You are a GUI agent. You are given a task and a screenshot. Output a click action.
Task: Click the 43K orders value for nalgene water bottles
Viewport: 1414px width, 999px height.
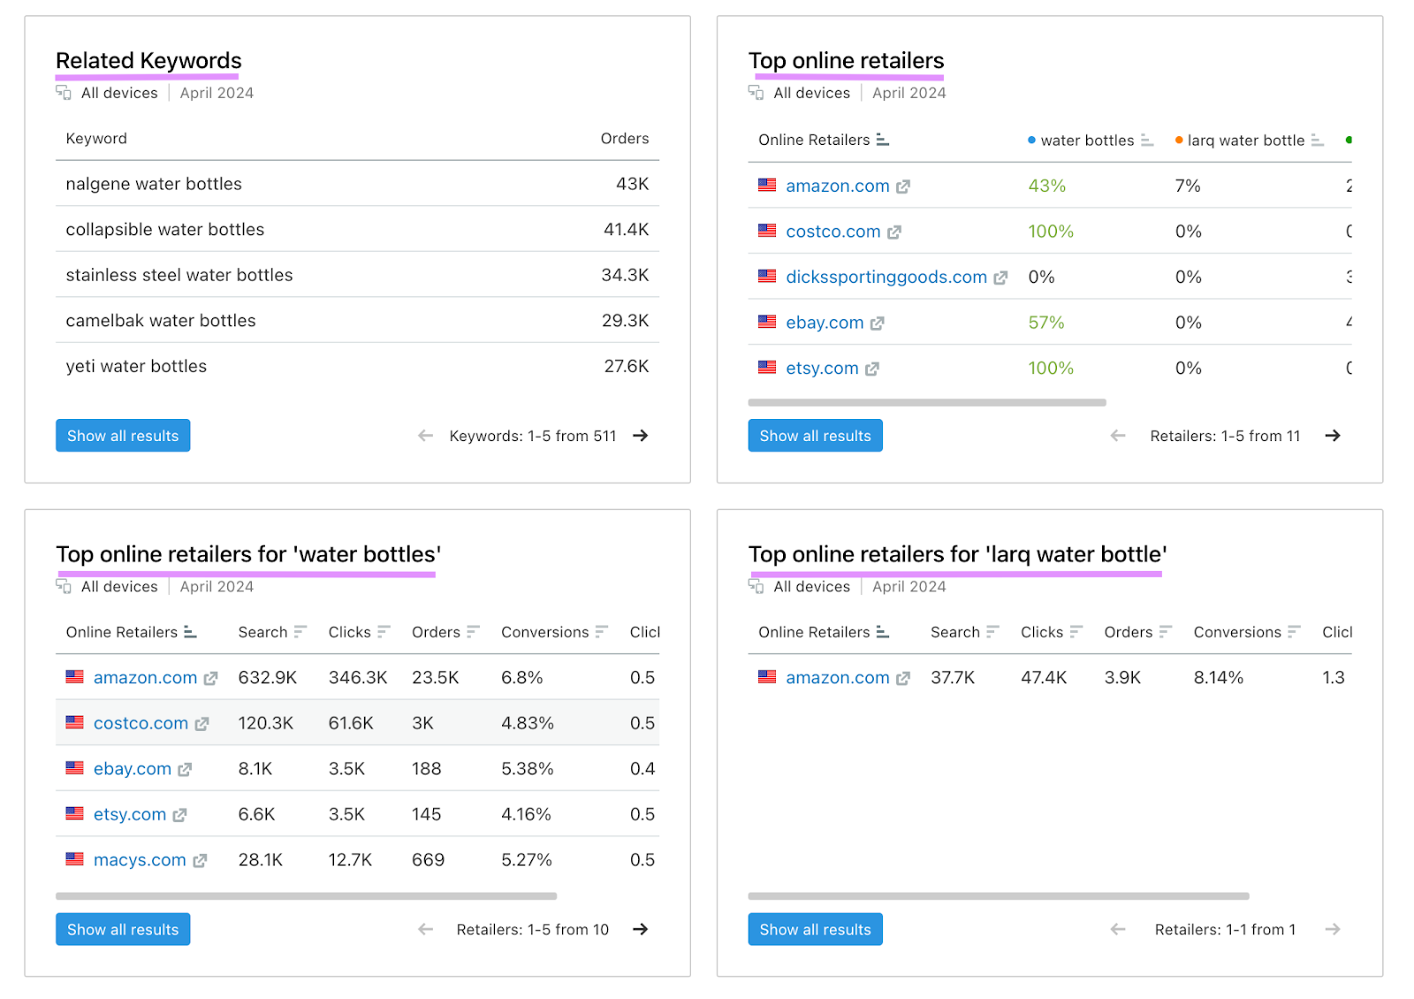click(632, 184)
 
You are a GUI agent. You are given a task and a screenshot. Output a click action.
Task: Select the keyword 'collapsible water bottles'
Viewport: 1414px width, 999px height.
click(165, 230)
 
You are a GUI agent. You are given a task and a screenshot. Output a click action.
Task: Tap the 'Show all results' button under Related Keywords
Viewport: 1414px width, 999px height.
click(123, 436)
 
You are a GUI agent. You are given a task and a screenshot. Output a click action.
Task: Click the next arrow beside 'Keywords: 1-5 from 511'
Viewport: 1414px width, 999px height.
click(641, 436)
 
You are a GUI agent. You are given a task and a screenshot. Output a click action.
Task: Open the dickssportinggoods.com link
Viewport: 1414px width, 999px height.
click(886, 278)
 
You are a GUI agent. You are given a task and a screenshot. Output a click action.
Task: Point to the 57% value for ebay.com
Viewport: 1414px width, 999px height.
click(1045, 323)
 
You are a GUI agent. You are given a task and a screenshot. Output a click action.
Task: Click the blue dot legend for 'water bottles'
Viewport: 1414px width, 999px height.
click(1031, 141)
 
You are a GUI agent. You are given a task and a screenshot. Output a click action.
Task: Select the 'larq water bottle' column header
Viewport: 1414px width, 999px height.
click(1245, 141)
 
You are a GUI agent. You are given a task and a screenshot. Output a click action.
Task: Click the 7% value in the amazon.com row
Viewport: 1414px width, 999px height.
click(1188, 186)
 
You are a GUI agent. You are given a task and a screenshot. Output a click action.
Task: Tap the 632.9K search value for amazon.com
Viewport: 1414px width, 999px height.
click(267, 678)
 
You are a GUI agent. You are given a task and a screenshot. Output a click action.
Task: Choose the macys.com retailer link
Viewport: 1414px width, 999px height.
click(140, 860)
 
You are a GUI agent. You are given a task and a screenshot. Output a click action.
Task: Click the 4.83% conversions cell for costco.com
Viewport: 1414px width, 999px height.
click(527, 723)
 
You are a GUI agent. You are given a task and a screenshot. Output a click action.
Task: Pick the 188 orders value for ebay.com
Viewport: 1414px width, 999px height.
click(426, 769)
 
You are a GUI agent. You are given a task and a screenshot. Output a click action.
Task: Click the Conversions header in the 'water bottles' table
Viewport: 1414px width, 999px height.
click(544, 632)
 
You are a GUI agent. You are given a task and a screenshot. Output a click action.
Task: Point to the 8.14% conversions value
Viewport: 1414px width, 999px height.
click(1218, 678)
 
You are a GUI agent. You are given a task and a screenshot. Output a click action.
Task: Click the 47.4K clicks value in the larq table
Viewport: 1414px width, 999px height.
click(1044, 678)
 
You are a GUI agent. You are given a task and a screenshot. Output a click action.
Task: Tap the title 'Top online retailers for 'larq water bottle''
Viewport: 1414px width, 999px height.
click(957, 554)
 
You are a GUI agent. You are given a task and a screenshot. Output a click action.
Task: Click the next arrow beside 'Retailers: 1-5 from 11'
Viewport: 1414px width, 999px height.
click(1333, 436)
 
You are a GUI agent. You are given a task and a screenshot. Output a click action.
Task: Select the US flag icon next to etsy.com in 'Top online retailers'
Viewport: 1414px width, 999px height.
click(767, 368)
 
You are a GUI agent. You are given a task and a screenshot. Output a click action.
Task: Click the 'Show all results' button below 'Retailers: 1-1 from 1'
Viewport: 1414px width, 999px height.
click(815, 929)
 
